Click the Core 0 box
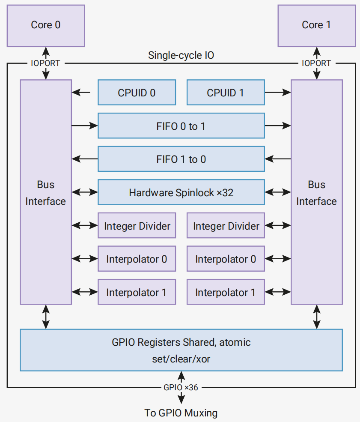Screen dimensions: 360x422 46,26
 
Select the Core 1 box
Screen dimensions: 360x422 317,26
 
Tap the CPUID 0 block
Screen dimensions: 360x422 137,92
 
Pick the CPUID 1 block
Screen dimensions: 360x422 226,92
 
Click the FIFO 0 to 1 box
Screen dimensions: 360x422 181,126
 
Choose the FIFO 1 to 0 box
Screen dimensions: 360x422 181,159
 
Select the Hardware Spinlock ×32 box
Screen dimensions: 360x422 181,192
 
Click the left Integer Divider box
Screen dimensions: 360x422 137,225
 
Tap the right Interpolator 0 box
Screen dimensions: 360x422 226,259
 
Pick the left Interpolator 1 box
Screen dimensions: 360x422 137,292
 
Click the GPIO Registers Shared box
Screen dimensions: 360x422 181,350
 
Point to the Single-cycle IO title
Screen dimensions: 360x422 181,55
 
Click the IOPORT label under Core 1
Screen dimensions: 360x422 316,63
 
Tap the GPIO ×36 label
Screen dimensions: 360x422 181,388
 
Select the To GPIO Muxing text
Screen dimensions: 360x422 181,413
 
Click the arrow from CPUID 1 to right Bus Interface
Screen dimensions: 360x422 278,92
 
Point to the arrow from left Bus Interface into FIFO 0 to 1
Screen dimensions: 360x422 85,126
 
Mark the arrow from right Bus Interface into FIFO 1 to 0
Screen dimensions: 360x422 278,159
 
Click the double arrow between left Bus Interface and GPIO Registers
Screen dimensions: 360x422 46,317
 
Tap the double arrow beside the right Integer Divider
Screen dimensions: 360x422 278,225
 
